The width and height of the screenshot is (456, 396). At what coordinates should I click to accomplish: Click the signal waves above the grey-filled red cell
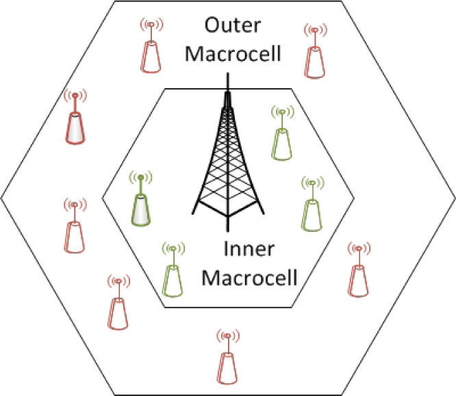click(x=75, y=96)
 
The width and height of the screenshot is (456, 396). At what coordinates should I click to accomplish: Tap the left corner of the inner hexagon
click(x=103, y=197)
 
